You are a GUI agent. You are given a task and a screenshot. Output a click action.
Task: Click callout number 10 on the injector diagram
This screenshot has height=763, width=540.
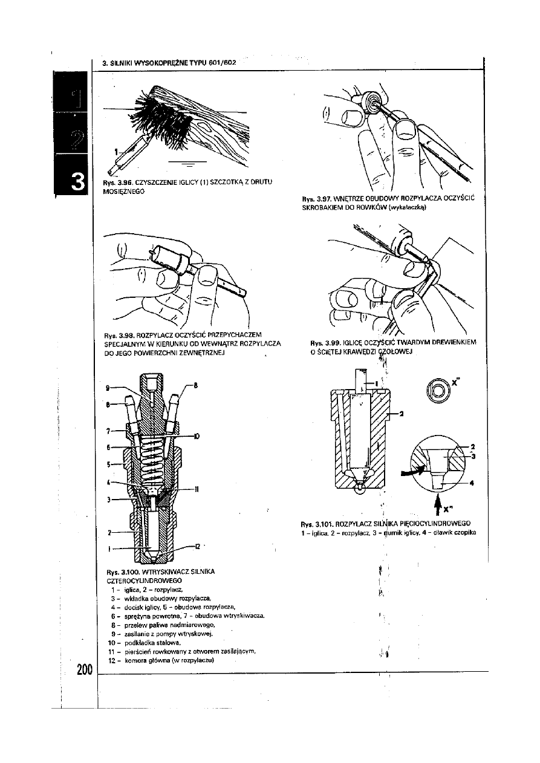197,435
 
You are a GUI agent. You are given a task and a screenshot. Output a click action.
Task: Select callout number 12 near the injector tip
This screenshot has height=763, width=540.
197,547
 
